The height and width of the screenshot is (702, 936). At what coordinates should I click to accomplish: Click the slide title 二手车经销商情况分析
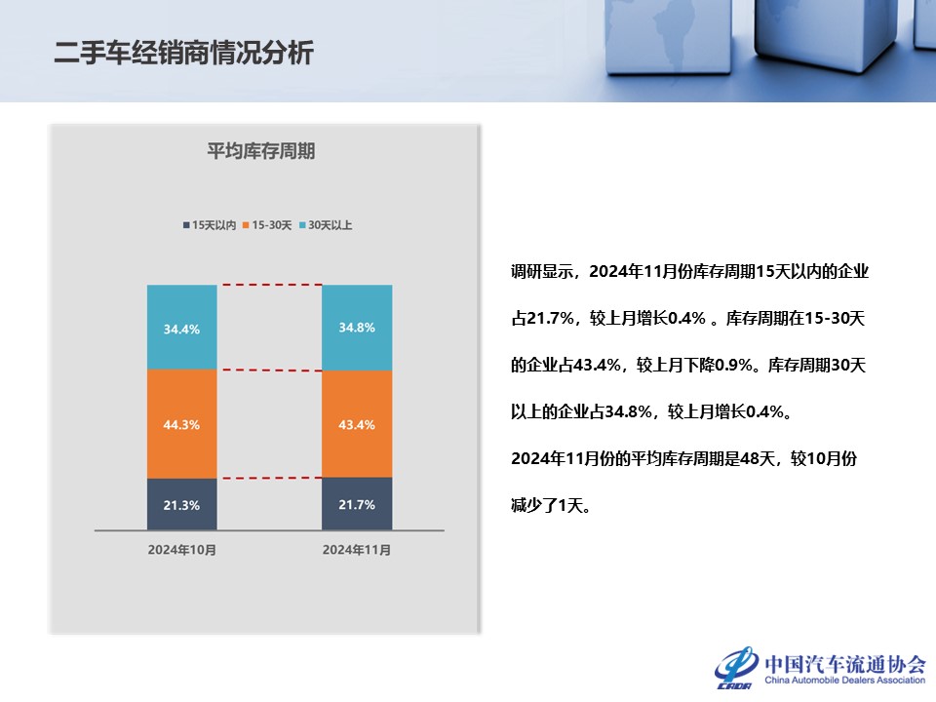183,53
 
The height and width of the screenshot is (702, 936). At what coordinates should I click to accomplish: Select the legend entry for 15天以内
209,225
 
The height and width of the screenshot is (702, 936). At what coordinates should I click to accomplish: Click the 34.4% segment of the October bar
181,329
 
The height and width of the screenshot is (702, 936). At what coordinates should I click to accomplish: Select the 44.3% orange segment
181,424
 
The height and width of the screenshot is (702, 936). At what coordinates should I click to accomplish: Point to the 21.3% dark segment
181,504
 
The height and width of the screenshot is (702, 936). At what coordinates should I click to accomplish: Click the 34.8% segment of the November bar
357,328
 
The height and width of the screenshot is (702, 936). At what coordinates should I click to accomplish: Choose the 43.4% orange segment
357,423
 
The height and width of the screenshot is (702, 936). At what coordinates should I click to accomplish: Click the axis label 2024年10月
181,550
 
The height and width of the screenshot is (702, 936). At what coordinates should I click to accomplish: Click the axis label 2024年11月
357,550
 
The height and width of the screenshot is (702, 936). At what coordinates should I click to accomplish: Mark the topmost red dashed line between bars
269,285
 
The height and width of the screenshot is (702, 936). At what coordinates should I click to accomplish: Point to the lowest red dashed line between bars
269,478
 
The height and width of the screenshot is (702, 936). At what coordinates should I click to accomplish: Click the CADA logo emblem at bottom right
737,667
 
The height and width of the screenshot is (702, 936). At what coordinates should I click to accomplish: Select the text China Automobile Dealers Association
844,682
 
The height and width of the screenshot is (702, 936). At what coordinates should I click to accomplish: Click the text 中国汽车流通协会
844,662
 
